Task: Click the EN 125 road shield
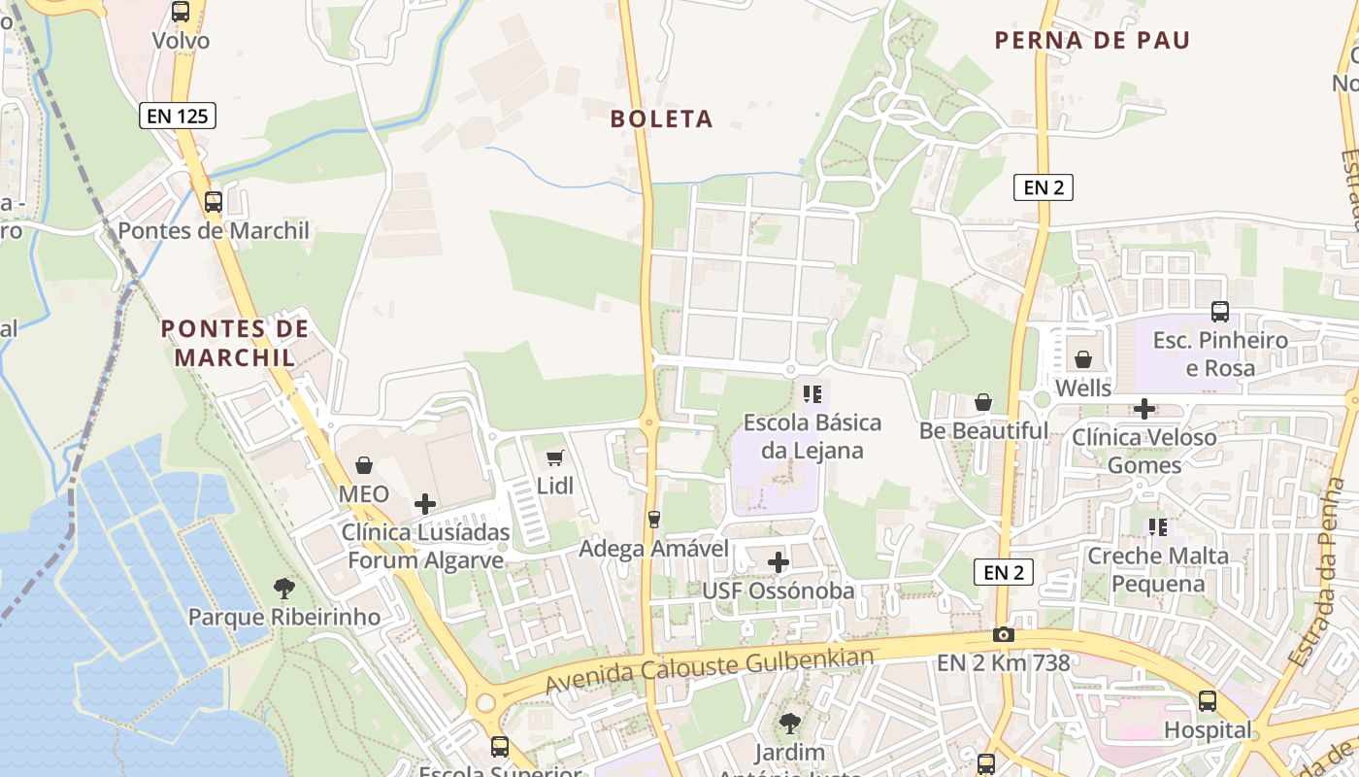coord(177,117)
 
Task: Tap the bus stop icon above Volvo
coord(181,12)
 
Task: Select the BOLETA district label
coord(662,119)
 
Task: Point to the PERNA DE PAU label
coord(1092,41)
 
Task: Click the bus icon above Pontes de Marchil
coord(214,202)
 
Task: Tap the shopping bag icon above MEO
coord(364,465)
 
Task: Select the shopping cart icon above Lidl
coord(555,457)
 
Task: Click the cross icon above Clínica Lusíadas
coord(425,504)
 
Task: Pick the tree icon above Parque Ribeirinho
coord(283,588)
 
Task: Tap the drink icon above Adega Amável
coord(654,520)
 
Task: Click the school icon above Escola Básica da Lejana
coord(812,394)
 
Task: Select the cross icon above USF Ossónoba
coord(779,561)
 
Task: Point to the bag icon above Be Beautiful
coord(983,402)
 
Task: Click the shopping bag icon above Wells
coord(1083,360)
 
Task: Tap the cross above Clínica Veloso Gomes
coord(1144,409)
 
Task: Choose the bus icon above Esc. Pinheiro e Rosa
coord(1220,312)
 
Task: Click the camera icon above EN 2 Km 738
coord(1004,635)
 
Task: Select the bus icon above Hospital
coord(1208,701)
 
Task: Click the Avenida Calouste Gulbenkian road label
coord(710,669)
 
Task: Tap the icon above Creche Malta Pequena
coord(1157,527)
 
